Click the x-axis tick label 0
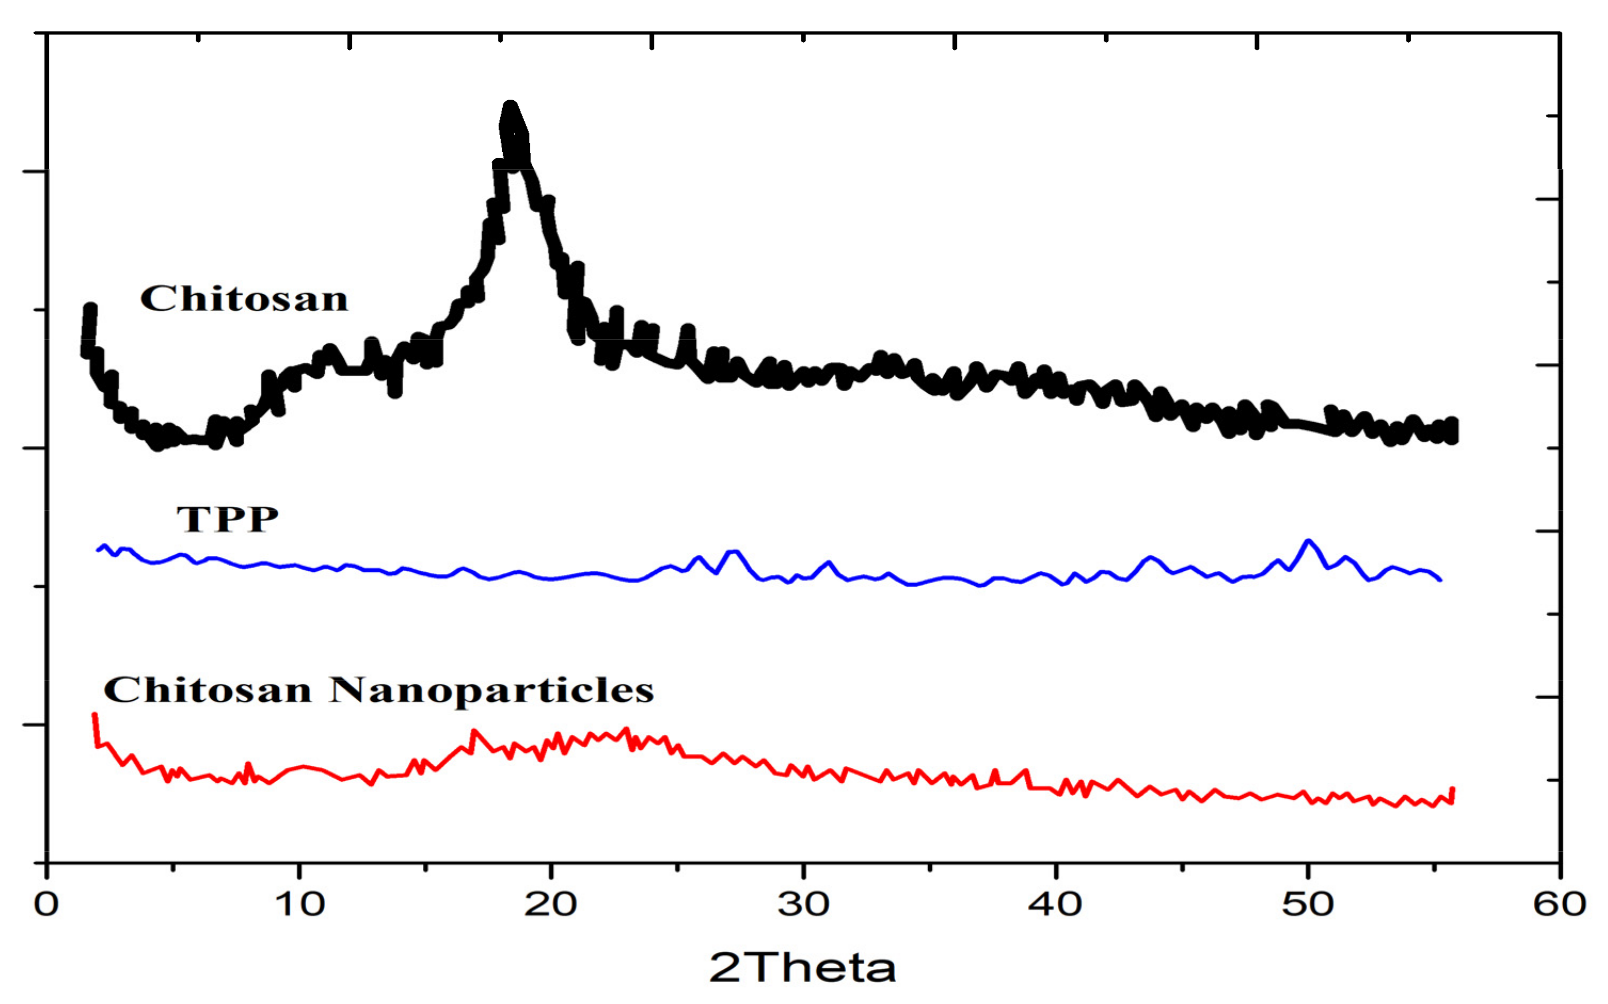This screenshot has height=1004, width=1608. [46, 904]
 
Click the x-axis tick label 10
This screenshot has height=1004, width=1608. [300, 904]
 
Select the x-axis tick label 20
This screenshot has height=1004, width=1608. [551, 904]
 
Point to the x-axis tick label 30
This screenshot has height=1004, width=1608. [803, 904]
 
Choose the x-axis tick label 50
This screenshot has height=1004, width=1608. [1308, 904]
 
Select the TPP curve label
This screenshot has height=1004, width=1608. [227, 519]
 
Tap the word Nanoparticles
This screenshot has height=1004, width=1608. [492, 691]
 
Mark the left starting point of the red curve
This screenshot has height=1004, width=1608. [94, 715]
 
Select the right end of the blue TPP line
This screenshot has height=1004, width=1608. [1440, 580]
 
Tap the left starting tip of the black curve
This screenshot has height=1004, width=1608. [90, 308]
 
